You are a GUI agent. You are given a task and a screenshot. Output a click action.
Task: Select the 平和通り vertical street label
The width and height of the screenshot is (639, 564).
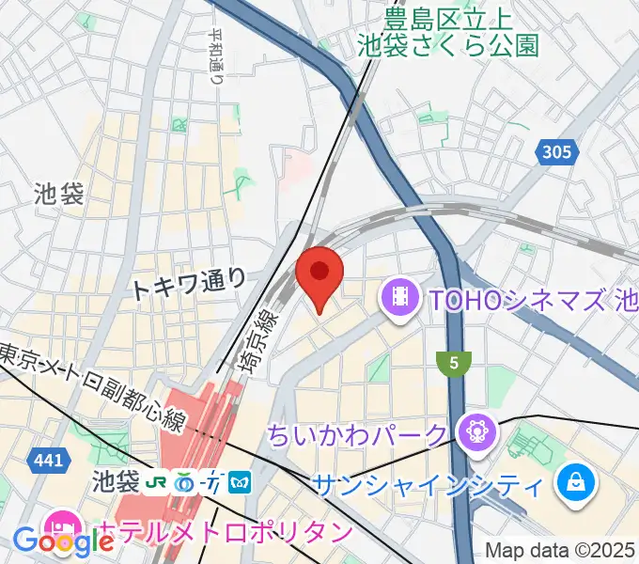[217, 56]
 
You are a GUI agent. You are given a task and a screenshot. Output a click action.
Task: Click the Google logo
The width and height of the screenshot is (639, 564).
[63, 542]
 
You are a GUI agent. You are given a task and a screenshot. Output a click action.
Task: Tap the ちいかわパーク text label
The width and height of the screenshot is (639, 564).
[357, 435]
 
